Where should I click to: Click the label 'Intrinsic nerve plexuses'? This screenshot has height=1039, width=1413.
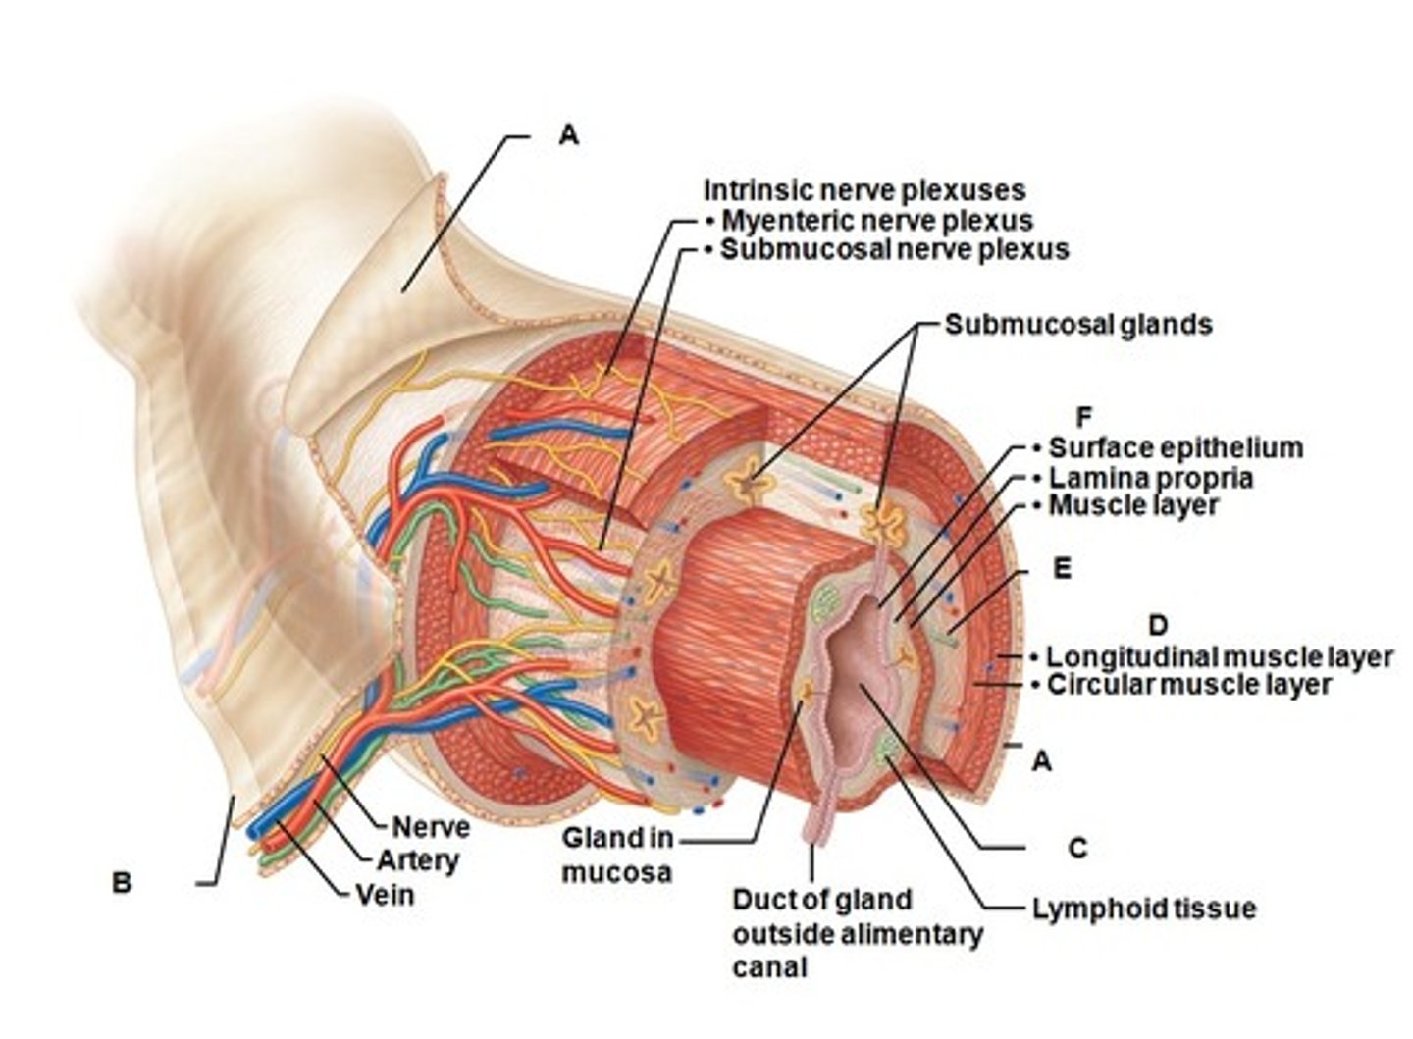tap(863, 190)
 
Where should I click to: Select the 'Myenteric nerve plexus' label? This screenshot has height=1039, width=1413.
tap(876, 220)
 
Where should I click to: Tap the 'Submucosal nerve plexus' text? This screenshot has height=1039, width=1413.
tap(894, 249)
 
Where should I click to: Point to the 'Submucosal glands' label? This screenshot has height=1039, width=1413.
tap(1077, 324)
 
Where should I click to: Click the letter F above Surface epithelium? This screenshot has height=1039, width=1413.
tap(1083, 418)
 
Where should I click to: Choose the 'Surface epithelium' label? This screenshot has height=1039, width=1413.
tap(1175, 448)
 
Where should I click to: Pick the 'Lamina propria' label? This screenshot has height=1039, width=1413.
tap(1150, 478)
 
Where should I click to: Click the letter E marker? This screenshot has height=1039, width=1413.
tap(1061, 569)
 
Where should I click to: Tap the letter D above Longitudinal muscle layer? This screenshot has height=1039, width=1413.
tap(1157, 625)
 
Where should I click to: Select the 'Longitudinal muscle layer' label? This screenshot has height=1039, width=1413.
tap(1219, 656)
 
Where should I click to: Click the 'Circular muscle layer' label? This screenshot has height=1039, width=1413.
tap(1188, 684)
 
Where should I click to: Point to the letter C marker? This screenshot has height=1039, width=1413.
tap(1077, 848)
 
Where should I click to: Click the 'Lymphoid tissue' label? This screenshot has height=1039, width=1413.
tap(1143, 909)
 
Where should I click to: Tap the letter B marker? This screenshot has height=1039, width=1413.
tap(121, 882)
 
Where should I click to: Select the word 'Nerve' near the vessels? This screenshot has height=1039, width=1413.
tap(430, 827)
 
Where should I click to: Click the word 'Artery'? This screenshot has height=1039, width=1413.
tap(418, 860)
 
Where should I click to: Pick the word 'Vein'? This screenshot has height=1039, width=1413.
tap(385, 894)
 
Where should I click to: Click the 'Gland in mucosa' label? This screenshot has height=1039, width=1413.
tap(617, 855)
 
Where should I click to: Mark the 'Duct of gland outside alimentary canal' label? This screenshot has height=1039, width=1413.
tap(856, 933)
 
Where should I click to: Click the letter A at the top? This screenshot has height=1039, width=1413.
tap(568, 135)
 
